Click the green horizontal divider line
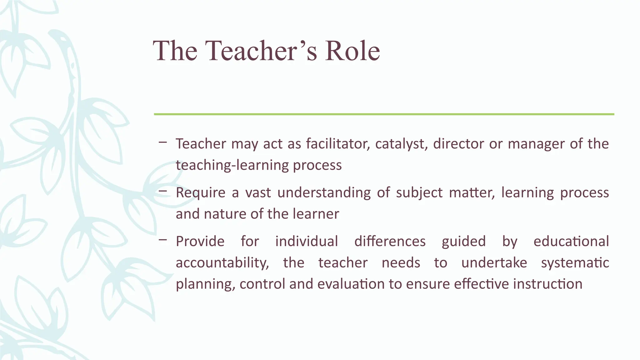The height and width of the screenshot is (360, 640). coord(384,114)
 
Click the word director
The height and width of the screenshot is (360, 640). coord(458,144)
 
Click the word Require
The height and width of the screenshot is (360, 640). coord(200,193)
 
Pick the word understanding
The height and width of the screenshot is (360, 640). coord(324,193)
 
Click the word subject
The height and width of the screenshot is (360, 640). coord(419,193)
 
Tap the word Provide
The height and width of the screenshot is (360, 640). coord(200,242)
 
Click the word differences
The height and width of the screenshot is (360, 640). coord(390,242)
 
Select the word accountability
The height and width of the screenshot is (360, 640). coord(222,263)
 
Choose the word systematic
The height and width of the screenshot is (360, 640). coord(575,263)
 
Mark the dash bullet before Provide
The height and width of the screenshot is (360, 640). coord(162,240)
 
